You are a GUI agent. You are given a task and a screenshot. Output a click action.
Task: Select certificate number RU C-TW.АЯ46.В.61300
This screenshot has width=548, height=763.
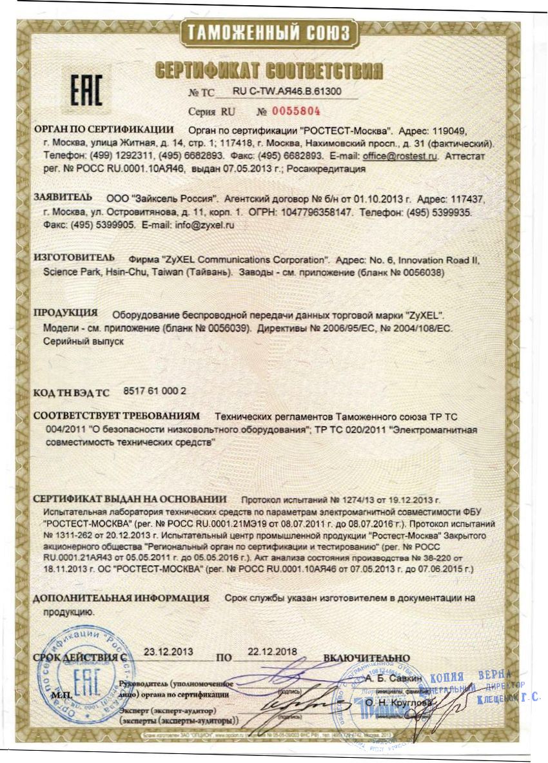(287, 92)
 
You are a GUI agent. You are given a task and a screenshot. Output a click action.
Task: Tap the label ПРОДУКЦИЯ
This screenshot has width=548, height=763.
(66, 313)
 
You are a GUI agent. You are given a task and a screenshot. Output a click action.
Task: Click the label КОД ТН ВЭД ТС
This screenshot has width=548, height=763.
(72, 392)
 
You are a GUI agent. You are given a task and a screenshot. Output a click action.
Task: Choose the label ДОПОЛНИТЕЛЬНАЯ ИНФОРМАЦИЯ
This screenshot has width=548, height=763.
(121, 598)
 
